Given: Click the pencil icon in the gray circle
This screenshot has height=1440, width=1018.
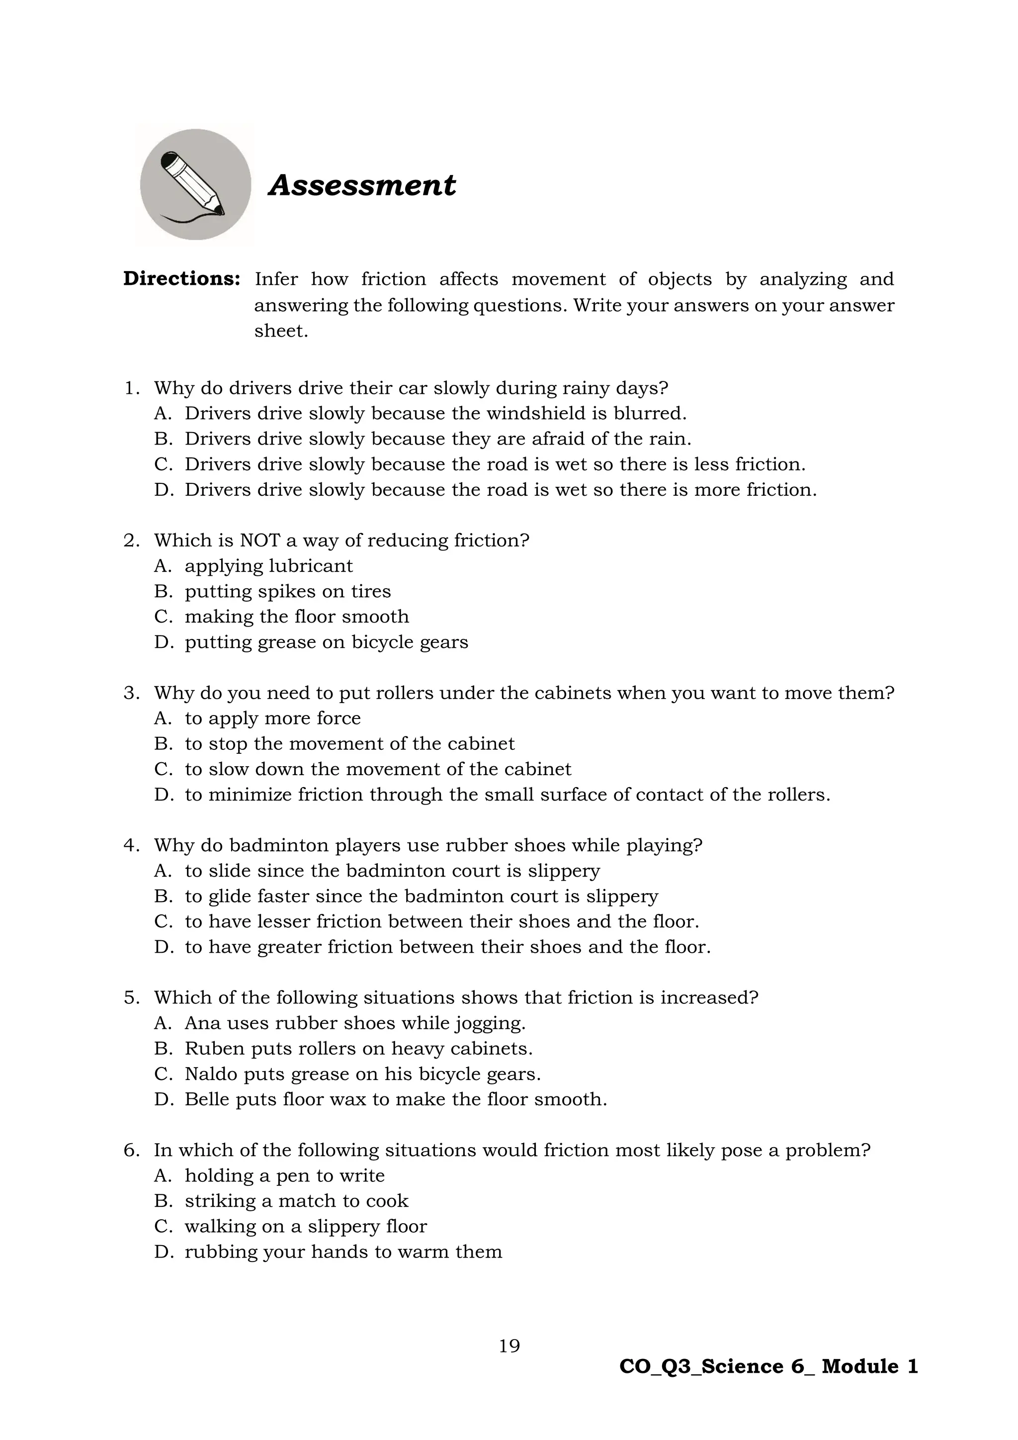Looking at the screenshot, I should (x=194, y=184).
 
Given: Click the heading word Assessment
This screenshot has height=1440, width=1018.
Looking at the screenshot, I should (x=362, y=185).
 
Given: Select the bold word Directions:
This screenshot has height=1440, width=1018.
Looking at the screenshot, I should (x=182, y=279).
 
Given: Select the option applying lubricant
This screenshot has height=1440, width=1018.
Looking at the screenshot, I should (x=268, y=566).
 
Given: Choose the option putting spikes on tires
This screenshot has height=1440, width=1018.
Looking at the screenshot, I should (x=287, y=591).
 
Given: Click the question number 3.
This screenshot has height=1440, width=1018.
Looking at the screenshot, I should (x=130, y=693).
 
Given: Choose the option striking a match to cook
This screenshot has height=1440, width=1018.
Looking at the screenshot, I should (x=296, y=1201).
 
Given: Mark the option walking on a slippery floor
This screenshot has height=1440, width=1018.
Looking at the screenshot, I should (x=305, y=1226).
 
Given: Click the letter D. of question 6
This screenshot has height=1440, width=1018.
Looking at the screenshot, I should (x=164, y=1252).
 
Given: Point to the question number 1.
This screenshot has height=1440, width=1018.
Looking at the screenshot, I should (x=130, y=388).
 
